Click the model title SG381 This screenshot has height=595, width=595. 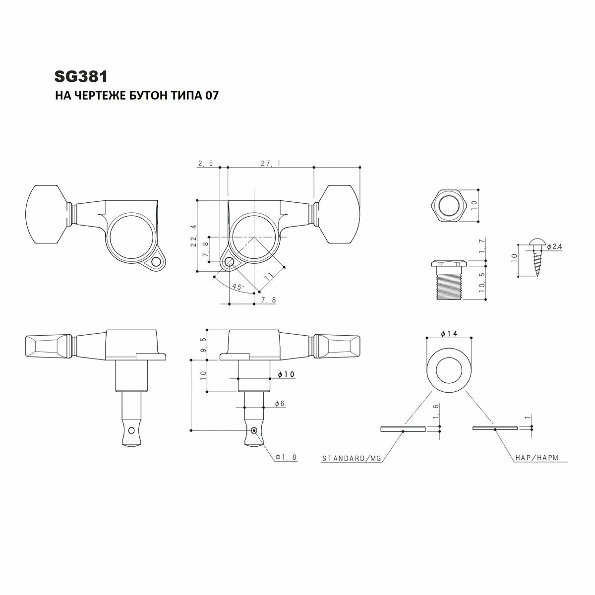[x=81, y=77]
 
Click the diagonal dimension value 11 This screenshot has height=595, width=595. [x=269, y=274]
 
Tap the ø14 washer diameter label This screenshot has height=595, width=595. [x=448, y=334]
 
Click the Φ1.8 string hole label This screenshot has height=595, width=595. [x=287, y=457]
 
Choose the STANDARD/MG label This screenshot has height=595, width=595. [x=352, y=459]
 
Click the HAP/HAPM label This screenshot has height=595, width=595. [x=537, y=459]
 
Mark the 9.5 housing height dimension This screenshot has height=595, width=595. [x=203, y=343]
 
